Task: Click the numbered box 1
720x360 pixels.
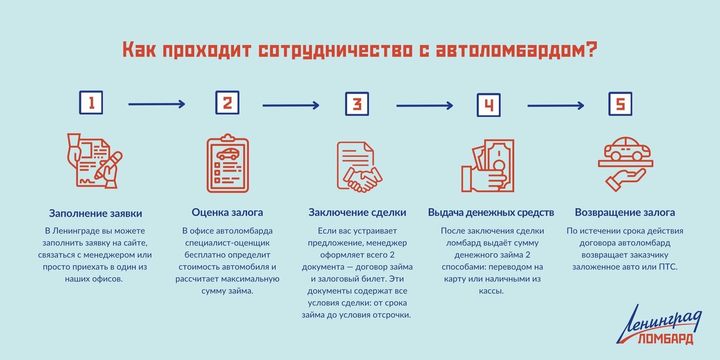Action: [91, 103]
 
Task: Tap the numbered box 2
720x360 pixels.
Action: [227, 103]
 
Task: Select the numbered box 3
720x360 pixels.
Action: [357, 103]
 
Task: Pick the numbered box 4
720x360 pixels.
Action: [488, 105]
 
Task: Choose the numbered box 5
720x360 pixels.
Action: [620, 103]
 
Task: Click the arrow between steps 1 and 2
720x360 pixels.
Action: [156, 104]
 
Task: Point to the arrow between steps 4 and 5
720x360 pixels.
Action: [556, 105]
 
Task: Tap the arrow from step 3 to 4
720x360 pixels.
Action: [425, 105]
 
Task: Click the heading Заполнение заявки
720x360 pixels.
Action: [95, 214]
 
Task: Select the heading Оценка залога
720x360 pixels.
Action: [227, 213]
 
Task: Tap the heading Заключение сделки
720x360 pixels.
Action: [357, 213]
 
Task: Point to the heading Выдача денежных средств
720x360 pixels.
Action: [491, 213]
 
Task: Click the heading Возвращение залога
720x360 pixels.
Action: [625, 213]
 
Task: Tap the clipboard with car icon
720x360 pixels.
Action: [227, 163]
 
